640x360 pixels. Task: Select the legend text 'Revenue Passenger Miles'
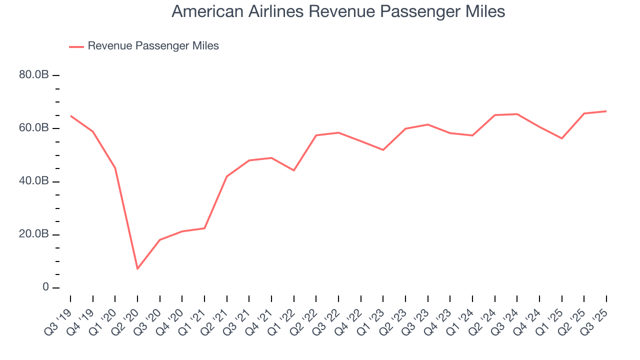coord(153,46)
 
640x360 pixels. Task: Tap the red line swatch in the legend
coord(76,46)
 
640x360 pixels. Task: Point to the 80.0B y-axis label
coord(34,75)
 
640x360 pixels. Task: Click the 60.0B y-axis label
coord(34,128)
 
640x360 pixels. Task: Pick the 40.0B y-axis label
coord(34,181)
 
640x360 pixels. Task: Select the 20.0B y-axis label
coord(34,234)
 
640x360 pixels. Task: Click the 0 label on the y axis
coord(45,287)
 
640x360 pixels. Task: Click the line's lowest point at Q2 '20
coord(137,269)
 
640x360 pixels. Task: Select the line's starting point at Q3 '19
coord(70,116)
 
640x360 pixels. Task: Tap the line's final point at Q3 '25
coord(606,111)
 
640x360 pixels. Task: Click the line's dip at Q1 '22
coord(294,170)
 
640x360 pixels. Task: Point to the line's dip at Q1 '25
coord(562,138)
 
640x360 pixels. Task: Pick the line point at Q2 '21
coord(227,176)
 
